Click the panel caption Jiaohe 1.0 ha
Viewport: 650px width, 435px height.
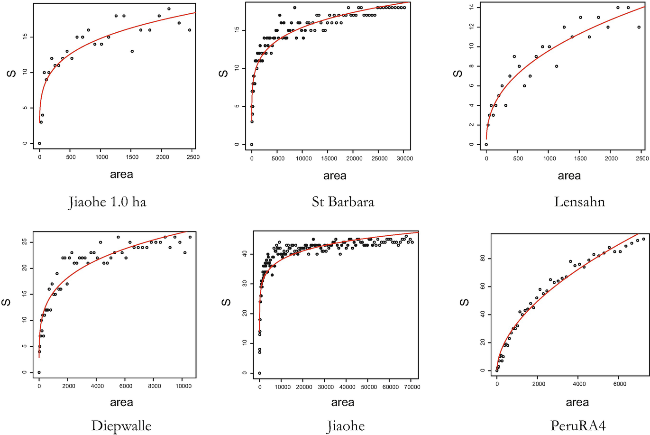[108, 203]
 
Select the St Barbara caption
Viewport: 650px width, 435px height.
[343, 202]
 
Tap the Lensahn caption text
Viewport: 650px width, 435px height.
[579, 202]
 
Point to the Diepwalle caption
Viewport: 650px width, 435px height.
[121, 426]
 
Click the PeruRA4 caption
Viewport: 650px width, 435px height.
[578, 426]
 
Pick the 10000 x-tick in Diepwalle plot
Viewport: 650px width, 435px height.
[183, 386]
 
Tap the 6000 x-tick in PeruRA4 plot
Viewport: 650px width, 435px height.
[620, 384]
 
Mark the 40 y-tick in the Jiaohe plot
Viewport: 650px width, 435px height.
[245, 254]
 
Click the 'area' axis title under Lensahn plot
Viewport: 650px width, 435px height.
[569, 176]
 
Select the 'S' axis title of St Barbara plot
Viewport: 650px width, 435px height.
[224, 74]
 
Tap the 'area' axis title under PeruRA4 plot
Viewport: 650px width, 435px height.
[577, 403]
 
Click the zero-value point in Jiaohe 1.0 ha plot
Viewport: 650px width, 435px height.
[39, 143]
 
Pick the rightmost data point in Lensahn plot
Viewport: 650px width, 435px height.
[639, 27]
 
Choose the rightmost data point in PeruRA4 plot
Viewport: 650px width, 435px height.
[643, 239]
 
